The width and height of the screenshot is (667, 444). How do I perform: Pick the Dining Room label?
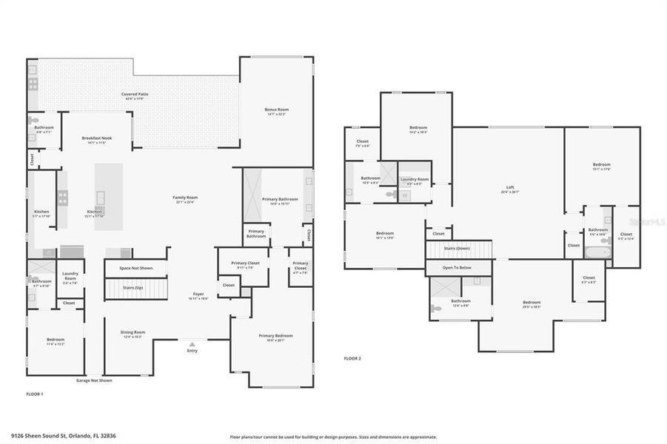[x=133, y=334]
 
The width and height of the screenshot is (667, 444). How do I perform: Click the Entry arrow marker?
[x=192, y=344]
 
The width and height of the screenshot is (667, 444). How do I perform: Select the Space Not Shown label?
[x=135, y=268]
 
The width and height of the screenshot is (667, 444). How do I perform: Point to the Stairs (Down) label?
[x=457, y=248]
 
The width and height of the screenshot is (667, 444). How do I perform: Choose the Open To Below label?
[x=457, y=267]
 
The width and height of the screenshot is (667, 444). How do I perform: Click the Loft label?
[x=510, y=189]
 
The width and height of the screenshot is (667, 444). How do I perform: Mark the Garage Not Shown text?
[x=94, y=380]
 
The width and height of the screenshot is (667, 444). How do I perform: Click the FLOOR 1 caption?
[x=35, y=394]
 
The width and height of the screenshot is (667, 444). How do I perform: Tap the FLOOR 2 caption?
[x=352, y=358]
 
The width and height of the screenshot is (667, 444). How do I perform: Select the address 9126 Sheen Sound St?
[x=63, y=437]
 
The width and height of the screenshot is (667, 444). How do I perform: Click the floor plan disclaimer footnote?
[x=333, y=437]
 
